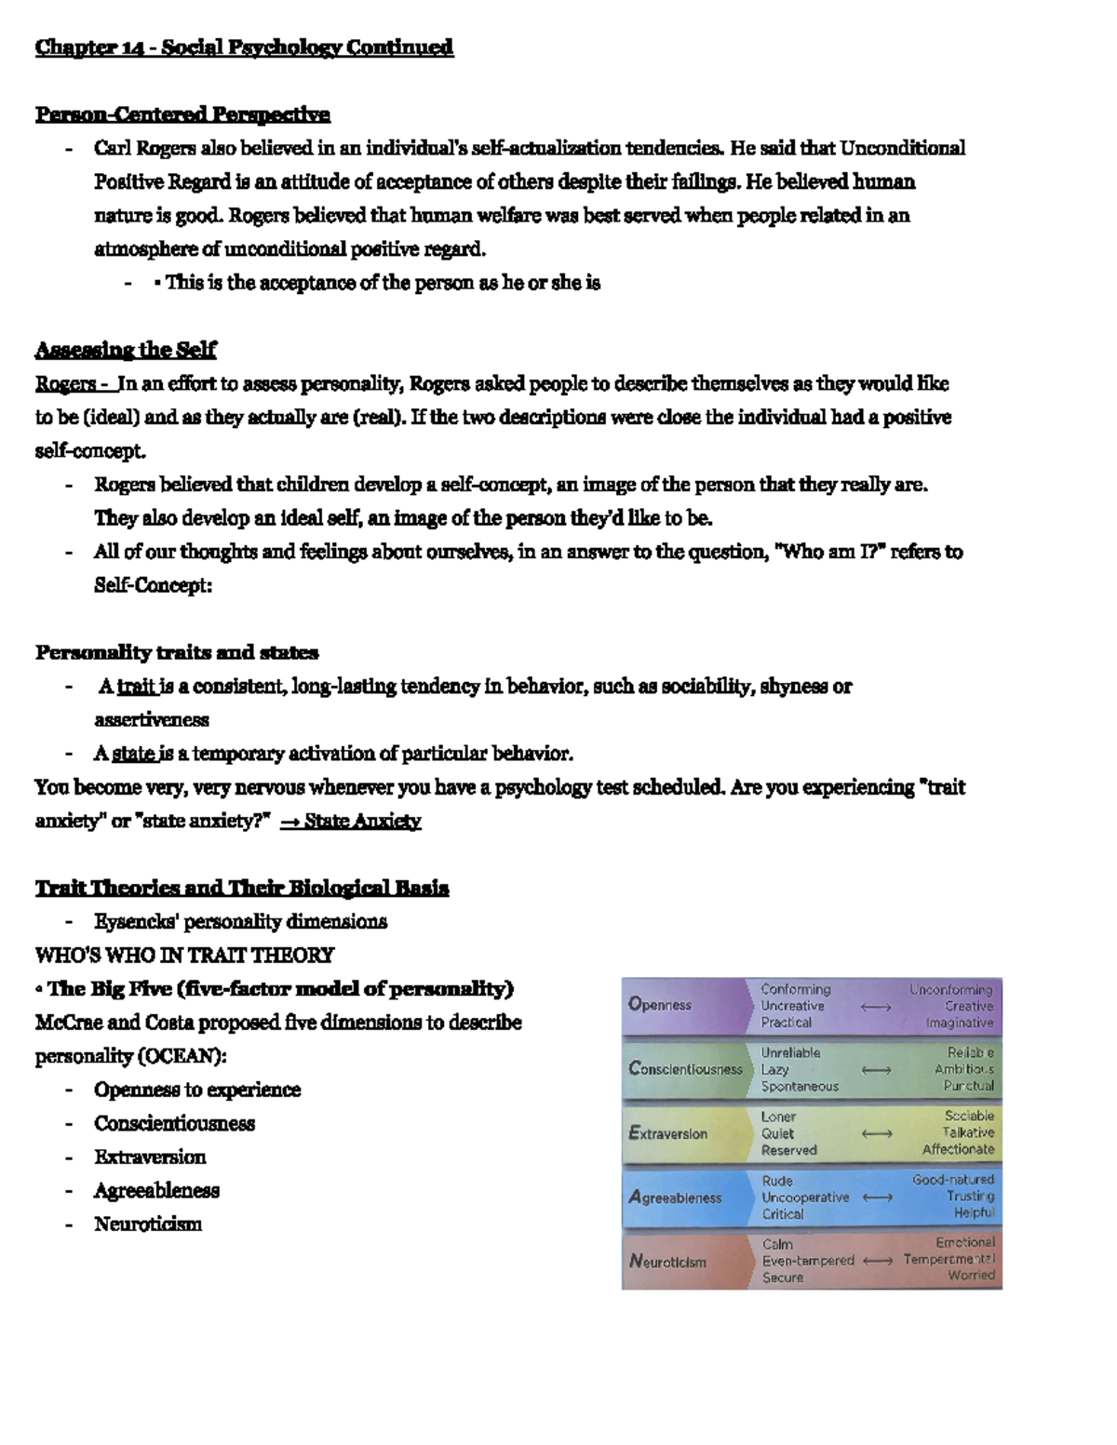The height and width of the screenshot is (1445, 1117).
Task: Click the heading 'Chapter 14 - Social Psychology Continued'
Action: coord(244,47)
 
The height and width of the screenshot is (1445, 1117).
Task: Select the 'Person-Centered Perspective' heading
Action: coord(182,114)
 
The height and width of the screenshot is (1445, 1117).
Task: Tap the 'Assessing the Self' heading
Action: coord(126,350)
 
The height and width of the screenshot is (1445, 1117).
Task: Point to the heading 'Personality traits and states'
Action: coord(177,652)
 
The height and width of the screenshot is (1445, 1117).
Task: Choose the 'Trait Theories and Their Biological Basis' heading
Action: coord(242,888)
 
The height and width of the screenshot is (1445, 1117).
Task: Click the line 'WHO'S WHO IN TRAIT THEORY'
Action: coord(184,955)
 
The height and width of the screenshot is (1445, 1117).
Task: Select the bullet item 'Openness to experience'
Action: coord(197,1090)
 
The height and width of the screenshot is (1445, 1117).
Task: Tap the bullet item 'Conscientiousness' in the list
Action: coord(174,1123)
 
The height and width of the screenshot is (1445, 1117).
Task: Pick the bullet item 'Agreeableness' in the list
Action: coord(156,1190)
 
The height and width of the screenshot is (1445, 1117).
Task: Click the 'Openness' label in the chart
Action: coord(660,1005)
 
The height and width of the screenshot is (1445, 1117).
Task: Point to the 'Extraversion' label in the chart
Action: coord(667,1133)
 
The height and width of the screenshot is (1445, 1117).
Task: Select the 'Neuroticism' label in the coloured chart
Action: coord(667,1262)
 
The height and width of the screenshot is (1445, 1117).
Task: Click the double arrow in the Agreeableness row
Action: coord(877,1197)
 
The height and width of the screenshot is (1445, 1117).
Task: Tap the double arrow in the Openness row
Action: coord(877,1006)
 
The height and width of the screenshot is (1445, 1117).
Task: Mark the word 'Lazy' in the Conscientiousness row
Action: coord(774,1070)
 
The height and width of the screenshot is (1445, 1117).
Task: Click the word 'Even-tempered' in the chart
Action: coord(808,1261)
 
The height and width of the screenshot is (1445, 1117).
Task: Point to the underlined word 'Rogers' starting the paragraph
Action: coord(65,383)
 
